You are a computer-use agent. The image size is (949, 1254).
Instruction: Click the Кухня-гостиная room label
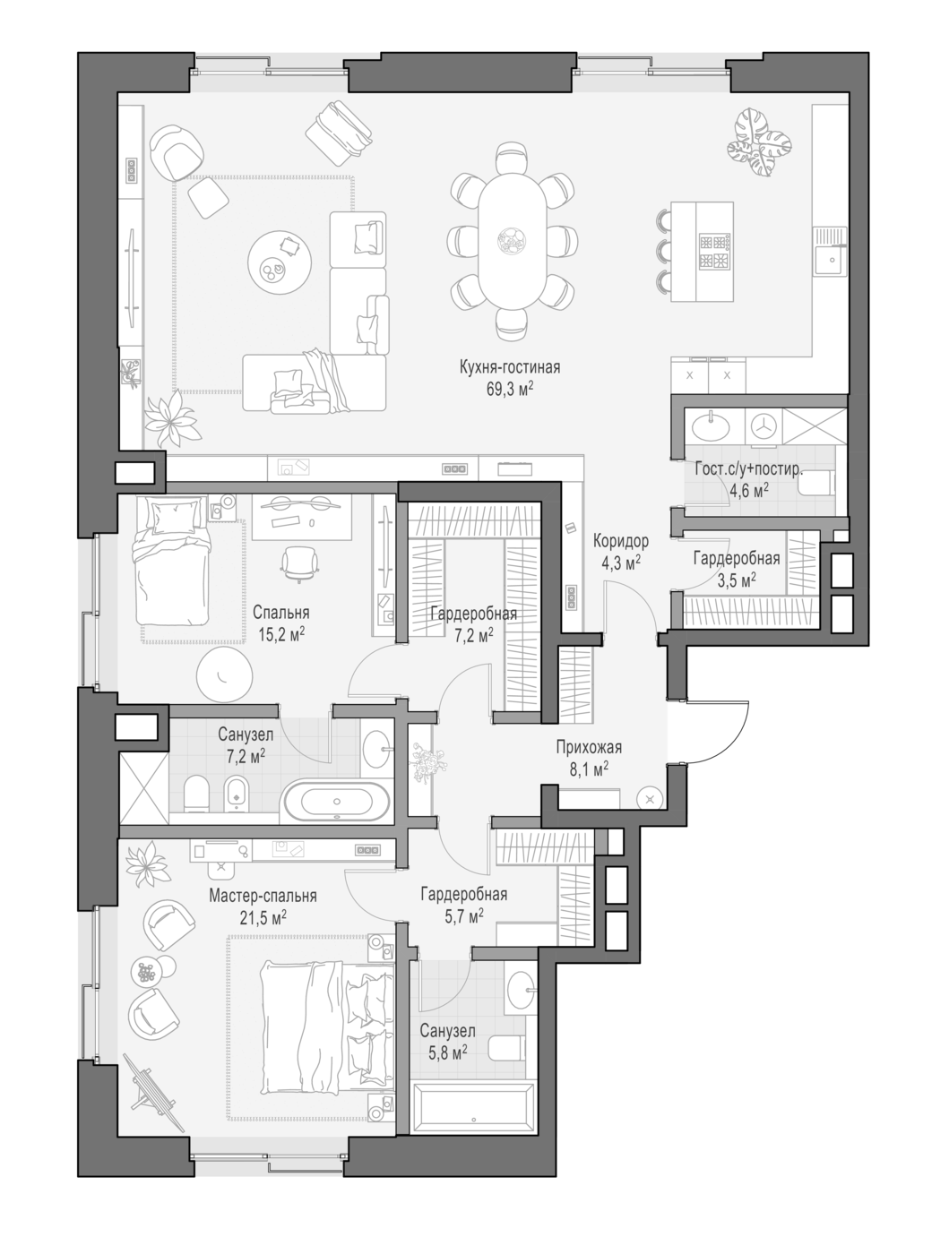(x=510, y=367)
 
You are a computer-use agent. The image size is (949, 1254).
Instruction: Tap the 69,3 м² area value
(x=510, y=390)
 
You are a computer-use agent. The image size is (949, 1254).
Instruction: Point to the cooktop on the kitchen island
(x=714, y=252)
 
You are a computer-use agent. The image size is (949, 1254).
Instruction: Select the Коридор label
(x=620, y=540)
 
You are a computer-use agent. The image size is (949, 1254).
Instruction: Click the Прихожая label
(x=589, y=747)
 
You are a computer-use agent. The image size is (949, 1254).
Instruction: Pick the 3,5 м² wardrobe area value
(x=737, y=580)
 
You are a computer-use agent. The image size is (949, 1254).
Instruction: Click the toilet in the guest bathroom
(x=817, y=484)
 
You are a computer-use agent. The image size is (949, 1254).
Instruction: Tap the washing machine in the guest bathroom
(x=763, y=425)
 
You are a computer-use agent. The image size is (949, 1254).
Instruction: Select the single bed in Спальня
(x=171, y=560)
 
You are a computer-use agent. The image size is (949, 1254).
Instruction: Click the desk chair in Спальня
(x=298, y=563)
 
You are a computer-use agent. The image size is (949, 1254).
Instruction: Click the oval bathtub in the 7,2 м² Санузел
(x=337, y=801)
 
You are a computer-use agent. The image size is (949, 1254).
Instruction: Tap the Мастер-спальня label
(x=263, y=895)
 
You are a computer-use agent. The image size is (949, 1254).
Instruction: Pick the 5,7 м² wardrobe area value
(x=464, y=917)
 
